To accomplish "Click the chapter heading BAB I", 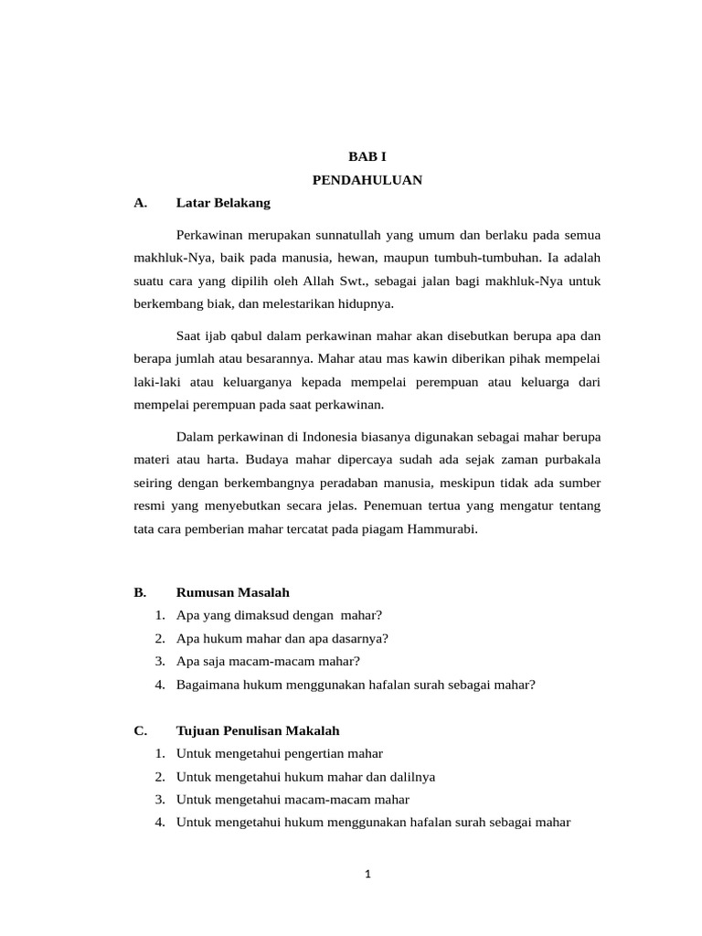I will [x=367, y=157].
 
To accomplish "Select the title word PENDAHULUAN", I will [x=367, y=180].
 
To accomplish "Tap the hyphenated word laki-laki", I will [x=155, y=382].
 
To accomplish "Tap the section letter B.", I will [x=139, y=592].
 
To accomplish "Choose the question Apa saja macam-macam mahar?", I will [x=268, y=661].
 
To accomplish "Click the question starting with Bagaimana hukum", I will [x=355, y=684].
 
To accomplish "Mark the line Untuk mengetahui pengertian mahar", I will [x=279, y=753].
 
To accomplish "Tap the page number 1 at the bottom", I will [x=367, y=874].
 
